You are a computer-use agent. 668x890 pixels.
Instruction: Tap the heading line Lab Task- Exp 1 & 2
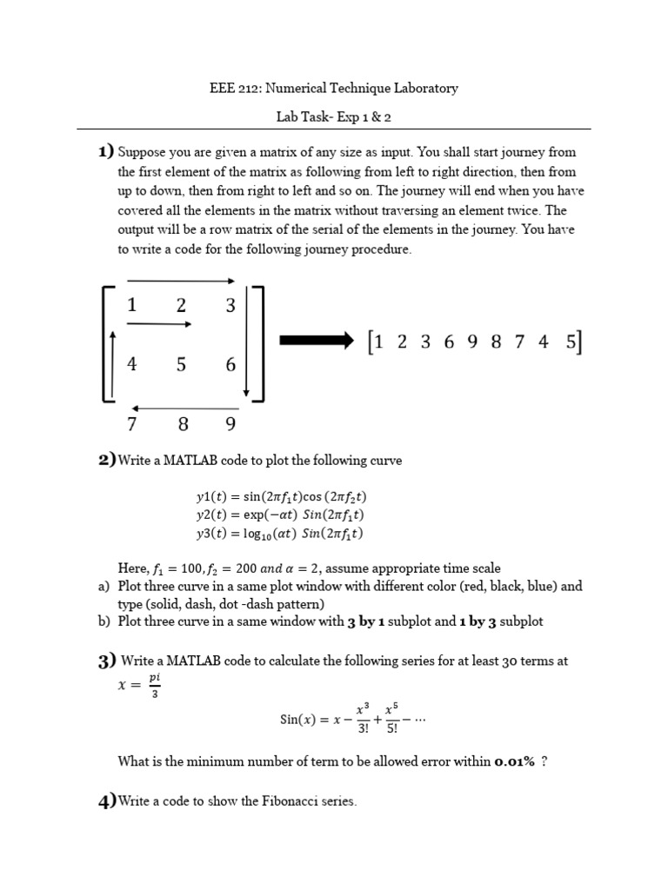pos(334,116)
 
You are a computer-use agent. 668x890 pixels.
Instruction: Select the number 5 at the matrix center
pos(181,365)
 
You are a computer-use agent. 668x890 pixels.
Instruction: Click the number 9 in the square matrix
pos(230,425)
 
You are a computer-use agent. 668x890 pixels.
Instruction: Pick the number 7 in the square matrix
pos(132,425)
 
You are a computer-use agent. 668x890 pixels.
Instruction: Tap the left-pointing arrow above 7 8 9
pos(184,408)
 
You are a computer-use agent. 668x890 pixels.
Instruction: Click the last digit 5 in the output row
pos(571,342)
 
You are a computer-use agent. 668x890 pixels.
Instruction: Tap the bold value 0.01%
pos(514,762)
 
